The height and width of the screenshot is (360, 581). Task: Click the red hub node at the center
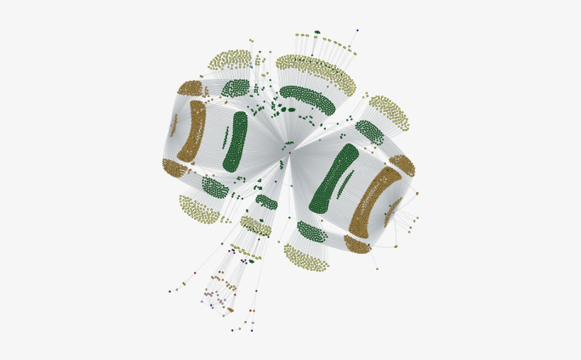(x=290, y=152)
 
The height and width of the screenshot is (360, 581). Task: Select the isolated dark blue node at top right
(x=357, y=30)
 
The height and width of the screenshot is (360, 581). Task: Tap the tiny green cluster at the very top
(x=317, y=32)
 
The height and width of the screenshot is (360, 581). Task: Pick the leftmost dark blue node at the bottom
(x=170, y=291)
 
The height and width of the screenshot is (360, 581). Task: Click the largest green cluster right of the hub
(x=333, y=179)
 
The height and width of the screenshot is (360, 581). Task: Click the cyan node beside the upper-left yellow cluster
(x=251, y=67)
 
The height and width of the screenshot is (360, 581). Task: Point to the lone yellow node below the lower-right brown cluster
(x=377, y=269)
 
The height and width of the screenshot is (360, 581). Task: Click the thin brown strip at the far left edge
(x=174, y=125)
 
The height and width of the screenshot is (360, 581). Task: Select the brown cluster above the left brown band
(x=190, y=88)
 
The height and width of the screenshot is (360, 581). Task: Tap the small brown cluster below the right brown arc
(x=357, y=244)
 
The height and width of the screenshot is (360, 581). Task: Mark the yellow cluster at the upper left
(x=231, y=60)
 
